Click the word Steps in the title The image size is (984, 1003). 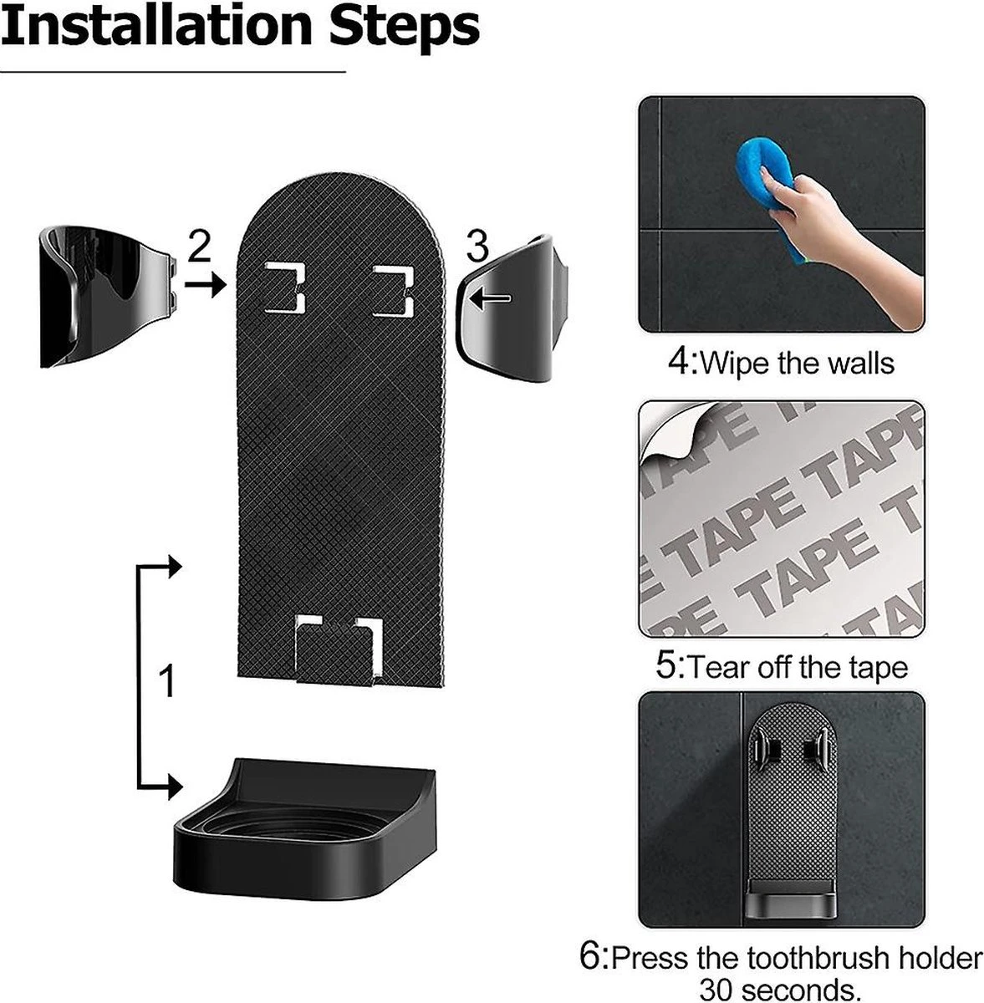[x=404, y=27]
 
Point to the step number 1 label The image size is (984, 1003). [x=167, y=681]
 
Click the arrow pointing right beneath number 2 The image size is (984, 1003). [x=205, y=285]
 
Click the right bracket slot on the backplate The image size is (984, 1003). [x=394, y=291]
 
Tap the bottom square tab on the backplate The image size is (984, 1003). [x=339, y=649]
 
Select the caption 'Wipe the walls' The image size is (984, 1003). [x=781, y=363]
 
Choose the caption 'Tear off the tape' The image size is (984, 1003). [x=781, y=667]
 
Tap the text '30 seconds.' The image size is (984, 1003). [x=780, y=989]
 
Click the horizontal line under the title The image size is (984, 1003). [x=172, y=73]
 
